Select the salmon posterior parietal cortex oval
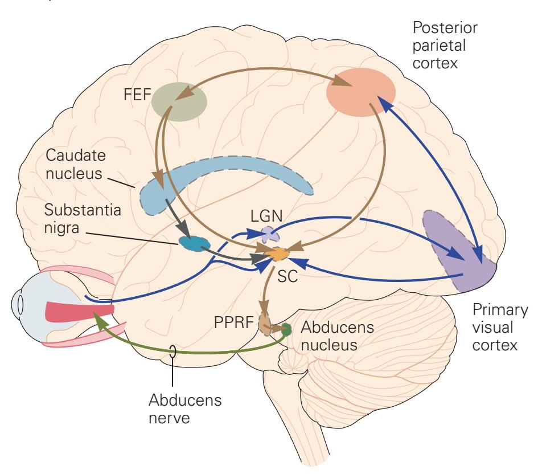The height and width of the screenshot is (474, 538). pyautogui.click(x=360, y=92)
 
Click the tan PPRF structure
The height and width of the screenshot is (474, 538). pyautogui.click(x=265, y=324)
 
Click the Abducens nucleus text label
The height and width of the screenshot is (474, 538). pyautogui.click(x=330, y=336)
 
